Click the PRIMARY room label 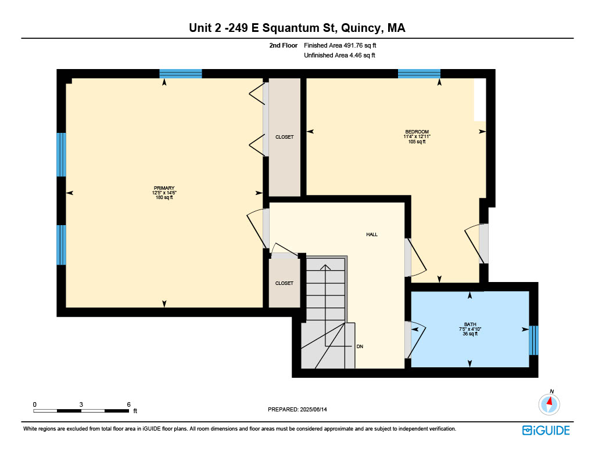[164, 188]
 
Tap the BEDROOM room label [417, 132]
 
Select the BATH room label [470, 324]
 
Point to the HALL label [372, 234]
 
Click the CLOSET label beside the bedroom [285, 137]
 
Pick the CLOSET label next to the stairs [284, 284]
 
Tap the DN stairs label [360, 346]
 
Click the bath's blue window [533, 341]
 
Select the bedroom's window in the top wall [419, 74]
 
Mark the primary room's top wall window [181, 74]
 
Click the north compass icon [549, 404]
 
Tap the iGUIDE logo [546, 431]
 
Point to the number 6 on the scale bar [128, 404]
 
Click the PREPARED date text [297, 409]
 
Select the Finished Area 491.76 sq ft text [340, 45]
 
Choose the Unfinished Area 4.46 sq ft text [339, 55]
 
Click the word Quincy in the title [362, 28]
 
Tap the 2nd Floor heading [284, 45]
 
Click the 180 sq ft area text [164, 197]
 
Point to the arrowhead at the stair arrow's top [325, 267]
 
